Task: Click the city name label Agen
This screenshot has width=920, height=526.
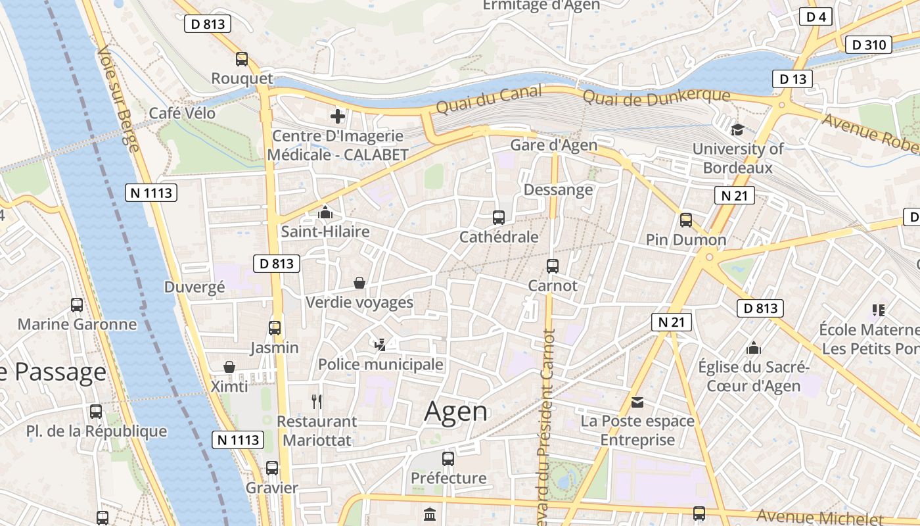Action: coord(456,412)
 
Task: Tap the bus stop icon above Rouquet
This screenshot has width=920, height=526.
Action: coord(242,59)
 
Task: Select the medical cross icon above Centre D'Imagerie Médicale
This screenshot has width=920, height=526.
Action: coord(338,117)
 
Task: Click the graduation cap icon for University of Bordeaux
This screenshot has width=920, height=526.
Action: coord(737,130)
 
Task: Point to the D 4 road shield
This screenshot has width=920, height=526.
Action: coord(816,17)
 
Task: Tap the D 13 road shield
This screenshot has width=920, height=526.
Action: coord(793,79)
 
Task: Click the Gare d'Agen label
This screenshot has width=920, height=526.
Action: coord(554,145)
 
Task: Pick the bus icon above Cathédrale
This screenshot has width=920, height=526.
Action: coord(499,217)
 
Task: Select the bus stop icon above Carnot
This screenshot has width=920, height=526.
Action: coord(553,266)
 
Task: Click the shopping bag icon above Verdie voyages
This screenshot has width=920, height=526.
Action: coord(359,283)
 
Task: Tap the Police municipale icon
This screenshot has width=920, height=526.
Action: coord(380,345)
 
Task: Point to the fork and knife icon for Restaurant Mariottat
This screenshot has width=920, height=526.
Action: coord(317,401)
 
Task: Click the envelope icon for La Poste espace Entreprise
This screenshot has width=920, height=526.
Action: coord(637,402)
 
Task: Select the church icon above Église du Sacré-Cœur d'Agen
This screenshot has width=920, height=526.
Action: coord(754,348)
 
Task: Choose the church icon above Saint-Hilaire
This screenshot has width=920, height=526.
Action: coord(325,212)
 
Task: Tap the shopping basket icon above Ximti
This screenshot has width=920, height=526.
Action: coord(229,367)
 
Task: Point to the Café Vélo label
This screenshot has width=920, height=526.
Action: coord(182,112)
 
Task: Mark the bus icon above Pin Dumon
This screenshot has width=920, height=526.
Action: coord(686,220)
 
